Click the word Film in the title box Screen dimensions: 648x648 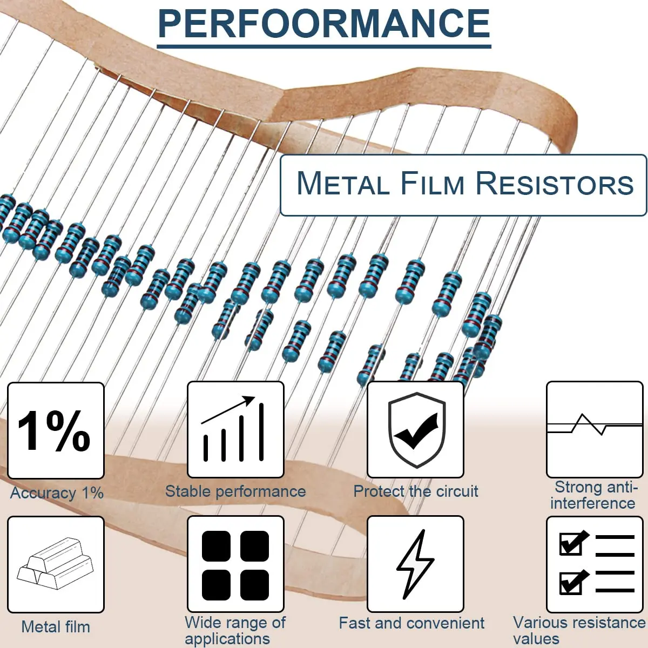click(432, 184)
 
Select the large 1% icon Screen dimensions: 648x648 click(55, 430)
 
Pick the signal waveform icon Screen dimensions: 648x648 click(595, 429)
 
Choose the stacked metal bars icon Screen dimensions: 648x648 click(55, 564)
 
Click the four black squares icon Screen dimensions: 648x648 click(235, 564)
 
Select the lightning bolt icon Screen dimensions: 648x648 click(415, 564)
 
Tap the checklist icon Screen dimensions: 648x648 click(595, 564)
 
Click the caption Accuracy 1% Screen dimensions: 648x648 click(57, 493)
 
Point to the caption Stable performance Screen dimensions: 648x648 click(235, 491)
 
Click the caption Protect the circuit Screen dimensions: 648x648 click(416, 491)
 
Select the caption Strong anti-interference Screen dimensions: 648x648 click(594, 495)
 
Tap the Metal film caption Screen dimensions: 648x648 click(56, 627)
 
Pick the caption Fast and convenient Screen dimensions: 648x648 click(411, 623)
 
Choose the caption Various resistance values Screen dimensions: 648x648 click(579, 631)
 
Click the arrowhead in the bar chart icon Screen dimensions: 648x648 click(249, 400)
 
